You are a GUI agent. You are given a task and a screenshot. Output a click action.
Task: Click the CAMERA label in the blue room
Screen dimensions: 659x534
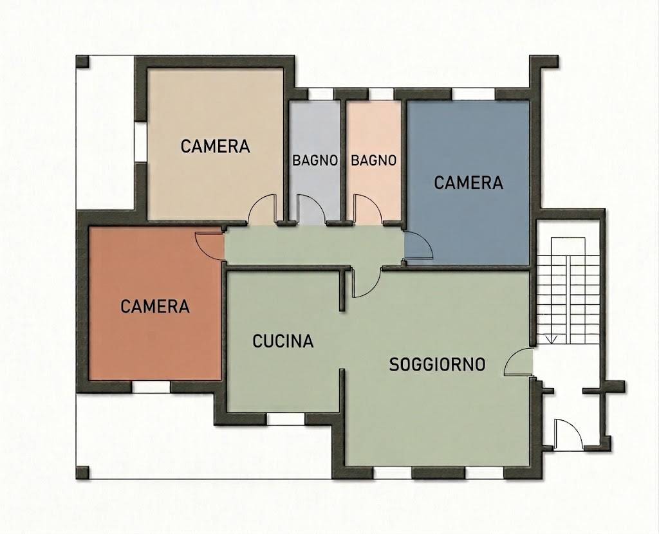[469, 183]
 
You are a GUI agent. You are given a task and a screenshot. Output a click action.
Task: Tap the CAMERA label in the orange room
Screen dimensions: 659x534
[155, 306]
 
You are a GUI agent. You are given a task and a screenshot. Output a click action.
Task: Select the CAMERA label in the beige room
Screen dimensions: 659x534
[215, 146]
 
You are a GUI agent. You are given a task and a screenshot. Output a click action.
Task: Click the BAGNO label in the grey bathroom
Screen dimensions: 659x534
[315, 160]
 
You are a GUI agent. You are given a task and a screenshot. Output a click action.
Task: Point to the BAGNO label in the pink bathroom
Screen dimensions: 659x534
[374, 160]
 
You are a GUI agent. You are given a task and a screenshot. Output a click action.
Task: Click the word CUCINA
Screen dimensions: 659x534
[283, 341]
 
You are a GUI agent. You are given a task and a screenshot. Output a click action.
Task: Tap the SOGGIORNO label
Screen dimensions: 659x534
[437, 364]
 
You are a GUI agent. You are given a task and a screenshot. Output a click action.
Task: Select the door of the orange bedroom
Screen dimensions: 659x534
[210, 246]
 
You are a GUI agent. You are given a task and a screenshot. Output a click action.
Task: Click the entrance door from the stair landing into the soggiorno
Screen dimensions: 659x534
[519, 362]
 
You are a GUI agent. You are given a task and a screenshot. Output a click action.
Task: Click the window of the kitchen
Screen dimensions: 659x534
[286, 419]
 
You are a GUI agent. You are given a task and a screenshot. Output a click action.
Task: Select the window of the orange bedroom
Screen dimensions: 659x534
[151, 387]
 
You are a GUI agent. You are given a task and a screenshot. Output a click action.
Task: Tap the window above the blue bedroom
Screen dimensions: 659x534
[474, 94]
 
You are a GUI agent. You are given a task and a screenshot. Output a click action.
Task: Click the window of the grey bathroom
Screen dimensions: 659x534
[320, 94]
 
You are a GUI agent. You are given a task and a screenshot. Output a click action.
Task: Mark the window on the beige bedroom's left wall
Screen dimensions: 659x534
[140, 142]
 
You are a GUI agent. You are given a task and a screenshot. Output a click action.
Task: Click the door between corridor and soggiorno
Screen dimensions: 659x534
[366, 282]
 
